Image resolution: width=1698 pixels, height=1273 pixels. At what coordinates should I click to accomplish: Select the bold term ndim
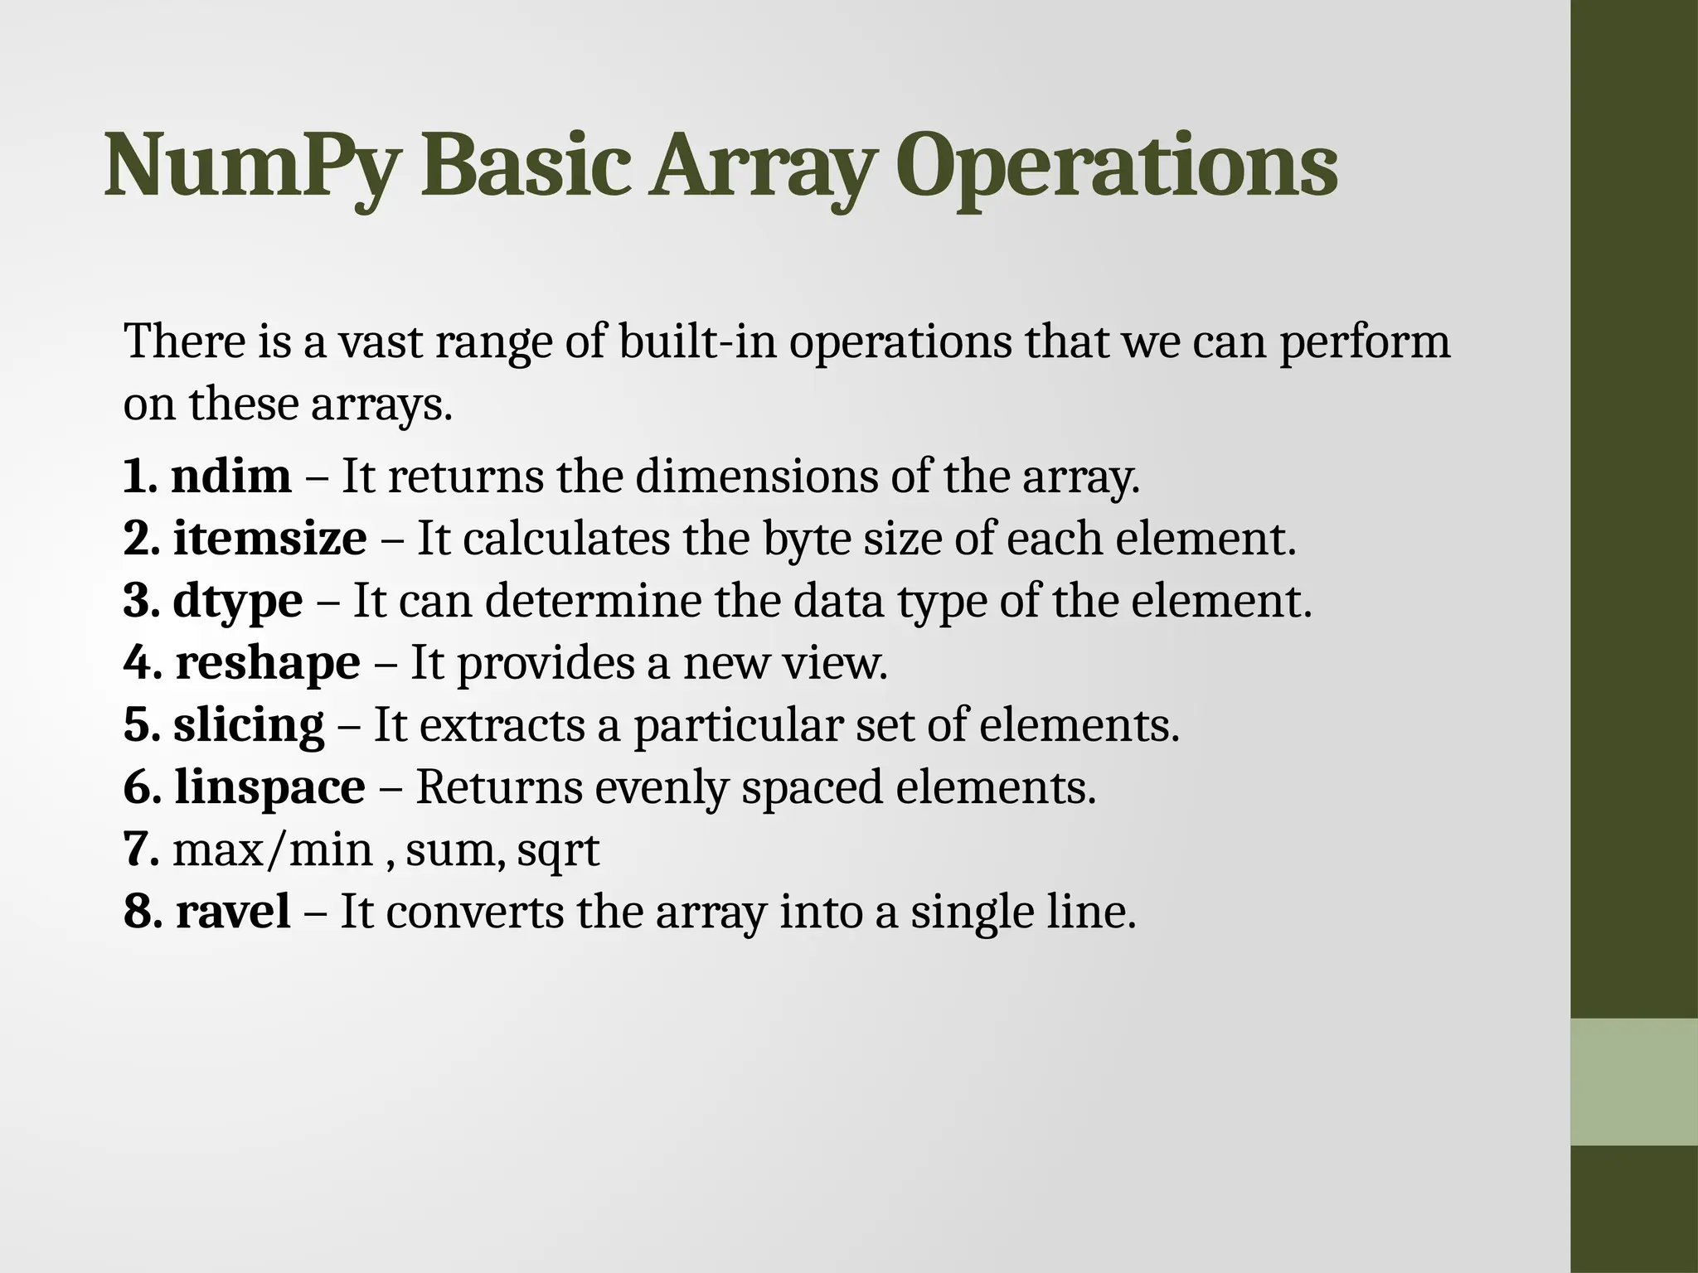coord(231,477)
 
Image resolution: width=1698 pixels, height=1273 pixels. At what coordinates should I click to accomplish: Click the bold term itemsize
coord(269,539)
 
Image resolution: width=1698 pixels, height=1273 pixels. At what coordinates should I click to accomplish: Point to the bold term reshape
coord(268,664)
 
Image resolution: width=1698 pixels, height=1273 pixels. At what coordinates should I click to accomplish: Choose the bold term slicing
coord(249,726)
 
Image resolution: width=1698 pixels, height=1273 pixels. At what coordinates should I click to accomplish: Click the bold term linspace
coord(269,787)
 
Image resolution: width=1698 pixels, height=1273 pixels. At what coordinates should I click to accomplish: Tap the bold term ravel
coord(233,912)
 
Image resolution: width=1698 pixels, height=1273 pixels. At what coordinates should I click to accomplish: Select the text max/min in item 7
coord(273,850)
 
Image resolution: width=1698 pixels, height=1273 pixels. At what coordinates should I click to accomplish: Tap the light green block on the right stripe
coord(1634,1082)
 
